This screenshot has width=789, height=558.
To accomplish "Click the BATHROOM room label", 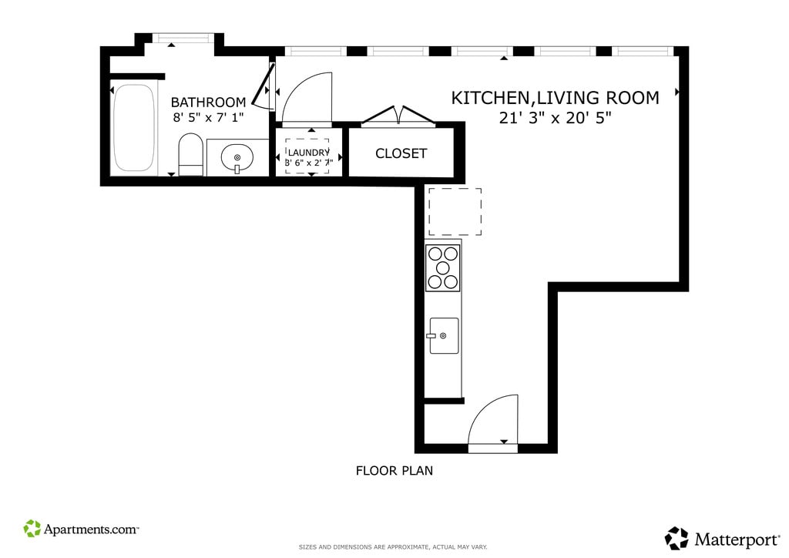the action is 208,103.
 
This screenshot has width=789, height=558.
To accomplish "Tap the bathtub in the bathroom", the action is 133,128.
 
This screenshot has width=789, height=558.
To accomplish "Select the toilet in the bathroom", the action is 191,154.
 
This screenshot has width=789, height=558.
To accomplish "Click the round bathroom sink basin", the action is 237,158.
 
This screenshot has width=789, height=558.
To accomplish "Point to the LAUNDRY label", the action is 308,153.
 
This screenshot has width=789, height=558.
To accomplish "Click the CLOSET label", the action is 401,153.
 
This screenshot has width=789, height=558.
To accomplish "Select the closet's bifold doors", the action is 398,116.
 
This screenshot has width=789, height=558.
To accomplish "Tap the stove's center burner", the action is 443,267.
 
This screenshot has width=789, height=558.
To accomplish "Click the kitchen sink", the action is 444,335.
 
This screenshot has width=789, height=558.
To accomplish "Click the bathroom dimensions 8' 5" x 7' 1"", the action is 208,118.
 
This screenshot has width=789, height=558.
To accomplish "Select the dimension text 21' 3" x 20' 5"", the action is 555,118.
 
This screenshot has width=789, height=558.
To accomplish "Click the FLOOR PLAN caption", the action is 394,471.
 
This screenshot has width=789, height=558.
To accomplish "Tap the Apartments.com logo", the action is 80,529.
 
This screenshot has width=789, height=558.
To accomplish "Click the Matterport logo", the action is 721,540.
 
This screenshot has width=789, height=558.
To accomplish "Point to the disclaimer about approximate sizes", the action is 393,547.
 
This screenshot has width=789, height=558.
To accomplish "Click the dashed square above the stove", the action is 455,212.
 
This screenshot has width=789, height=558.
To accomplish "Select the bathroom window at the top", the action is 183,39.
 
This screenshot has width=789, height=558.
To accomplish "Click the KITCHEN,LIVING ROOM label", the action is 555,98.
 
